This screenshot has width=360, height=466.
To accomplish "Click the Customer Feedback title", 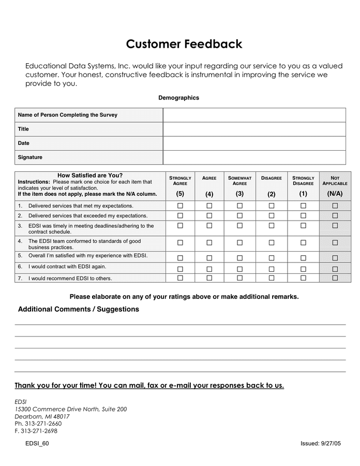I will click(184, 44).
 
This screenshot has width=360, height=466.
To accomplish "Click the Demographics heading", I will click(178, 98).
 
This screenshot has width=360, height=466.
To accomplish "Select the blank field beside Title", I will click(254, 129).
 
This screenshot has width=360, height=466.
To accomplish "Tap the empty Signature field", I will click(254, 157).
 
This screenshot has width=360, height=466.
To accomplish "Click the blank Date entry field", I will click(254, 143).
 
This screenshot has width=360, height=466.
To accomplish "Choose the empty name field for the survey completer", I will click(254, 115).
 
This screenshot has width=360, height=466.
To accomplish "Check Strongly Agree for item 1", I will click(180, 206).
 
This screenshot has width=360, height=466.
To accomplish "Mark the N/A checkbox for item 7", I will click(335, 278).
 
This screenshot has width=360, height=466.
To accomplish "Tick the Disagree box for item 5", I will click(272, 258).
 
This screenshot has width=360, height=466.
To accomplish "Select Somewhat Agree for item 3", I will click(240, 226).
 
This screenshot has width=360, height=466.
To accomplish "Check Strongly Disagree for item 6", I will click(303, 269).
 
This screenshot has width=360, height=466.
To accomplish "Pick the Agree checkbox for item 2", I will click(209, 215).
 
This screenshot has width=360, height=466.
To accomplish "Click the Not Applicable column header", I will click(335, 181).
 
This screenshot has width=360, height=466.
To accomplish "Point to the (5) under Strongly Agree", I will click(180, 194).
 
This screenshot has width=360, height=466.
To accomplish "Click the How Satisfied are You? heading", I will click(90, 175).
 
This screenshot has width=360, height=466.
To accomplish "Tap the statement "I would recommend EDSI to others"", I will click(70, 279).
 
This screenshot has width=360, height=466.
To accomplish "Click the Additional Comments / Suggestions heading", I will click(79, 309).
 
